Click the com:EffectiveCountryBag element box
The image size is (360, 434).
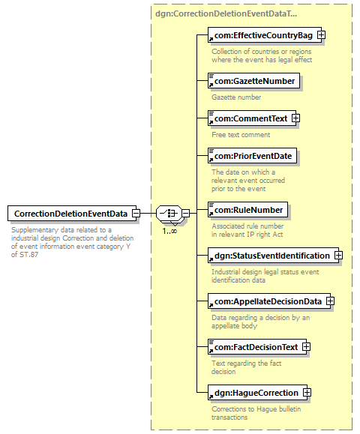pyautogui.click(x=265, y=35)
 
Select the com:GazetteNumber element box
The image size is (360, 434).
pyautogui.click(x=253, y=81)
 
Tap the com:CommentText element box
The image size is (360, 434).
pyautogui.click(x=252, y=118)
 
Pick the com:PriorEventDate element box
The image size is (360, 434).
pyautogui.click(x=252, y=156)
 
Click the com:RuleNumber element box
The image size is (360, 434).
pyautogui.click(x=247, y=210)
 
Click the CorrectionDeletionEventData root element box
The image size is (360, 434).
pyautogui.click(x=72, y=214)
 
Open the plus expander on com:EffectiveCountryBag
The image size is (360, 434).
pyautogui.click(x=321, y=35)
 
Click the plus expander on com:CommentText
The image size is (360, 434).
pyautogui.click(x=296, y=118)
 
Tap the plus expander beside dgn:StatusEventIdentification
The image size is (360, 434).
pyautogui.click(x=338, y=255)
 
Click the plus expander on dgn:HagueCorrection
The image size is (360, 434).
pyautogui.click(x=307, y=393)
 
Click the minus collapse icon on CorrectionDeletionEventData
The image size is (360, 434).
pyautogui.click(x=136, y=214)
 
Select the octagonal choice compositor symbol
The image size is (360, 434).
pyautogui.click(x=169, y=214)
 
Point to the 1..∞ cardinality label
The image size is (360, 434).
pyautogui.click(x=169, y=231)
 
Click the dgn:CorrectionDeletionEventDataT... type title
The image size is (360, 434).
pyautogui.click(x=226, y=13)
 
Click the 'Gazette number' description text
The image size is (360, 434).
pyautogui.click(x=236, y=97)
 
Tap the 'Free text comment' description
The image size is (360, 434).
pyautogui.click(x=241, y=134)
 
